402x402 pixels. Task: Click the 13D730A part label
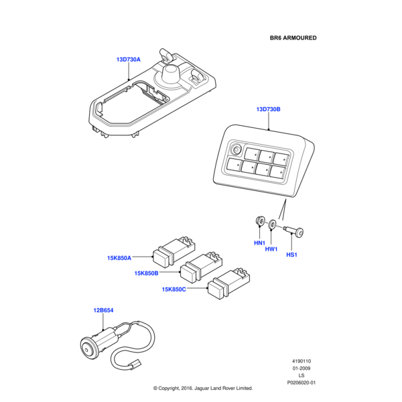129,60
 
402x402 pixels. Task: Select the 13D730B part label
269,109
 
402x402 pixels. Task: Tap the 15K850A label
119,258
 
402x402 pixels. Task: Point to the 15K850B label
146,273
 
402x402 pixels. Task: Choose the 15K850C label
174,289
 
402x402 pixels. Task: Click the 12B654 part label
103,310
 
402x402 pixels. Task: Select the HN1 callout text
259,243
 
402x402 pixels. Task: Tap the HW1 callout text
271,249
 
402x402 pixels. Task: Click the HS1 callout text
291,255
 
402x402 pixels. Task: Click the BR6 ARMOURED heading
293,38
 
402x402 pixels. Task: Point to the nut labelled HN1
260,221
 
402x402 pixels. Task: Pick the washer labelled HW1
272,225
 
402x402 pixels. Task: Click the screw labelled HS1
294,231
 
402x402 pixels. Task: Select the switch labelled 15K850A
174,252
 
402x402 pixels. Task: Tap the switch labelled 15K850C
228,283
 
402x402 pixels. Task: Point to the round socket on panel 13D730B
236,149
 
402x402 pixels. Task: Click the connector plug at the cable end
135,364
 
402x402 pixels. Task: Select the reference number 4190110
301,361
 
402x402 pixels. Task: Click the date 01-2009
301,368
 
